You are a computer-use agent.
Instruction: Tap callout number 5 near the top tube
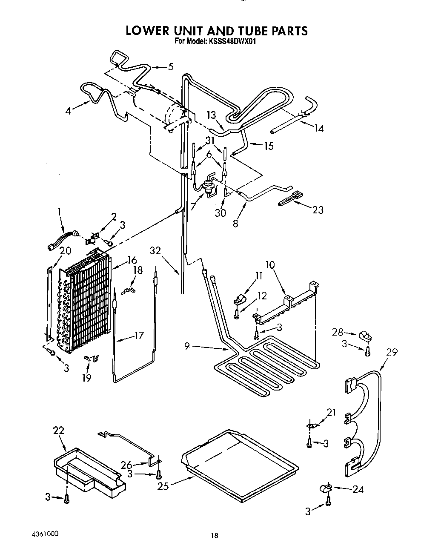(171, 66)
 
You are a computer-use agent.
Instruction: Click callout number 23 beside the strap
(318, 210)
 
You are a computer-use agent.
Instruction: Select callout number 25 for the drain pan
(163, 486)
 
